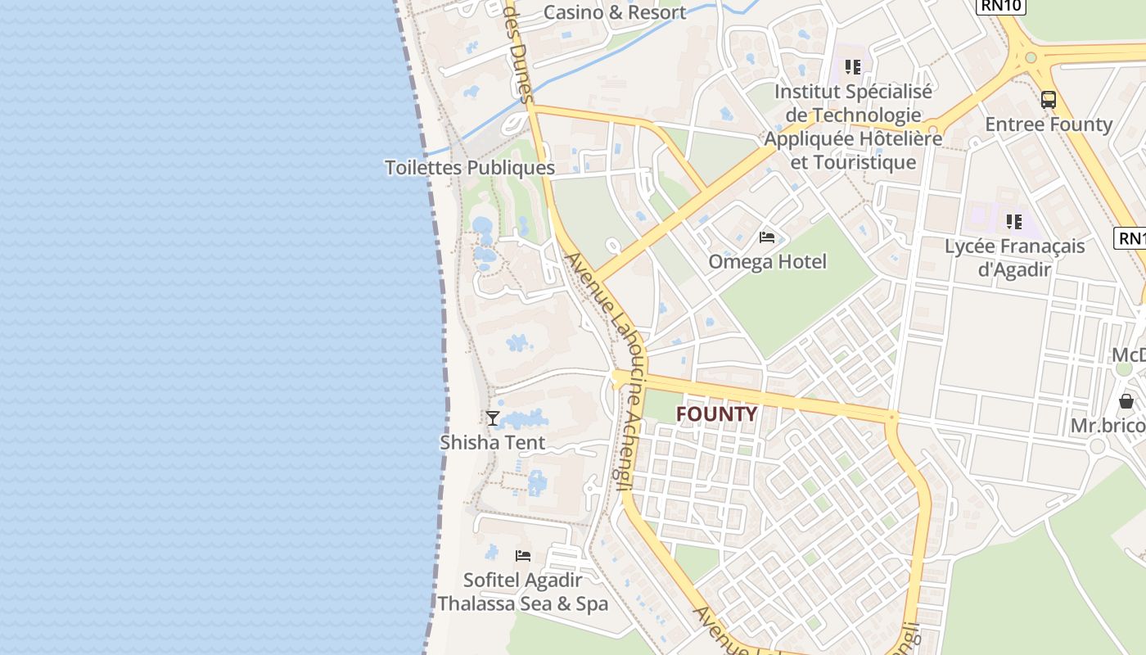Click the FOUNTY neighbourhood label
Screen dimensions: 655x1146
[x=716, y=414]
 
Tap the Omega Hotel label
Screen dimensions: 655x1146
[x=767, y=262]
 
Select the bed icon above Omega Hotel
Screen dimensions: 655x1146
[x=767, y=237]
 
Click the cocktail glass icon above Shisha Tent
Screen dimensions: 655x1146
[x=493, y=418]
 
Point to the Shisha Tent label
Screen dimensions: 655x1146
[x=493, y=443]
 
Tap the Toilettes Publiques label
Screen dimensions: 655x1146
[x=470, y=168]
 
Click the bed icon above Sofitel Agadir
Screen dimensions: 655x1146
[x=523, y=556]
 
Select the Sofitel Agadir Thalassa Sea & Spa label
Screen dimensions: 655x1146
[x=523, y=592]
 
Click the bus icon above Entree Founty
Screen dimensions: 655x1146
[x=1049, y=100]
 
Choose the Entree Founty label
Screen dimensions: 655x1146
[x=1049, y=124]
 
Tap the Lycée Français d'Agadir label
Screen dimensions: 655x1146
[x=1015, y=257]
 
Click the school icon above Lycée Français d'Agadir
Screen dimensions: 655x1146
[x=1014, y=222]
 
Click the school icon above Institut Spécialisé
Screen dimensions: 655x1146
[x=853, y=67]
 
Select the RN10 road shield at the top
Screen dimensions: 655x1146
[x=1001, y=6]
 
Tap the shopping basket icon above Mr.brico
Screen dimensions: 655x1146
[x=1126, y=401]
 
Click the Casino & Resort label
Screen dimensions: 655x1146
[x=615, y=12]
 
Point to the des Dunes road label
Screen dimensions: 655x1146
[x=519, y=49]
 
